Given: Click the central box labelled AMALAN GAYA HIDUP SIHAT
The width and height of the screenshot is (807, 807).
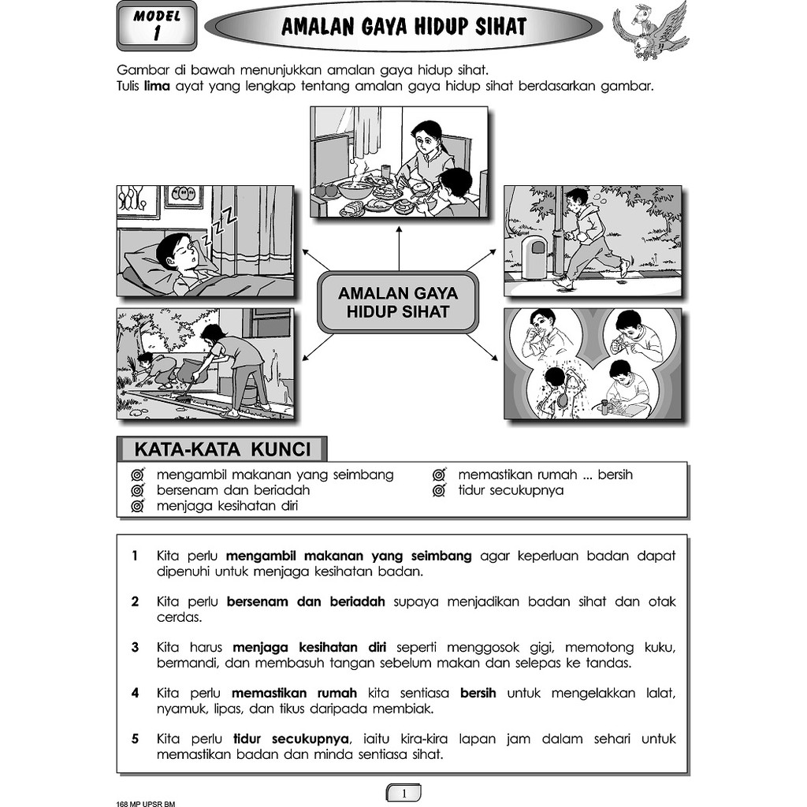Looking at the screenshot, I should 398,303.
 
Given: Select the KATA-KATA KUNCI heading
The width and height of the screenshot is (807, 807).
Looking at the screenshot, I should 221,450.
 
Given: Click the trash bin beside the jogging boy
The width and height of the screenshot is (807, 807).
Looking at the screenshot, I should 534,257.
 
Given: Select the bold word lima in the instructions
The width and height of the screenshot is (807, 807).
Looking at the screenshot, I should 157,86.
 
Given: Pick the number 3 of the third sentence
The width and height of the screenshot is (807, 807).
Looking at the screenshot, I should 136,648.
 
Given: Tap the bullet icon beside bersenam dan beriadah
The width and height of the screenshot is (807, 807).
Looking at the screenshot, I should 137,491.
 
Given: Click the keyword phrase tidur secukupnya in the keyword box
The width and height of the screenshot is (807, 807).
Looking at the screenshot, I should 511,490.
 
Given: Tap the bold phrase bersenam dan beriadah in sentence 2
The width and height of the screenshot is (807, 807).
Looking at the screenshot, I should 306,602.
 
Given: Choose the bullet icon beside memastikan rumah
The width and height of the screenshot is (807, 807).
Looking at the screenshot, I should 439,475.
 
